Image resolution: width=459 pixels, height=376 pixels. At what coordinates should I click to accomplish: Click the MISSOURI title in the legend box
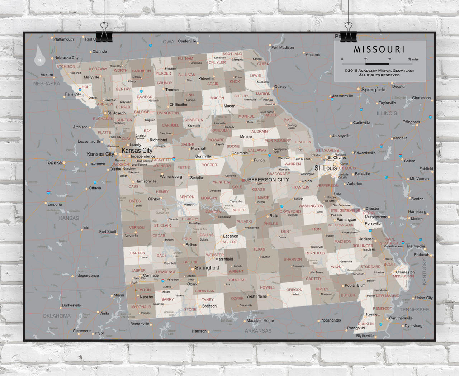[x=379, y=49]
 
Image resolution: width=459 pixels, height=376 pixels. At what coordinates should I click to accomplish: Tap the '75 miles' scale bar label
[x=413, y=60]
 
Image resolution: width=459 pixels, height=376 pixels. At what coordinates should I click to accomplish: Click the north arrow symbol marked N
[x=40, y=59]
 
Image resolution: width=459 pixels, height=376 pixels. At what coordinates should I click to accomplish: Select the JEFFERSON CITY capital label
[x=267, y=180]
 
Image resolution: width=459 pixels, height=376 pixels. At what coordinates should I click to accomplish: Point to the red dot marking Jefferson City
[x=243, y=180]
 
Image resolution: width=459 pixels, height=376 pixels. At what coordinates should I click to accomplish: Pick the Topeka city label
[x=53, y=162]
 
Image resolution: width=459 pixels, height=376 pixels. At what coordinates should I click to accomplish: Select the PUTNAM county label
[x=185, y=58]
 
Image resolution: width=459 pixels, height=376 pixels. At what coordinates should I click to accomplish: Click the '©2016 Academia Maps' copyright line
[x=379, y=71]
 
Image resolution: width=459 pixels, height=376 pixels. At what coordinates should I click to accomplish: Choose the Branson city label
[x=209, y=306]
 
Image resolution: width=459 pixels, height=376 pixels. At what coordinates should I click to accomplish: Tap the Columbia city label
[x=240, y=153]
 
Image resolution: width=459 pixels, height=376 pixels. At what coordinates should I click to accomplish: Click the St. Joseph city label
[x=117, y=113]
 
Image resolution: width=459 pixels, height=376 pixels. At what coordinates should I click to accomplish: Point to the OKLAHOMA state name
[x=57, y=316]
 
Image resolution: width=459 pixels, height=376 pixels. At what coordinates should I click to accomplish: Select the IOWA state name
[x=167, y=42]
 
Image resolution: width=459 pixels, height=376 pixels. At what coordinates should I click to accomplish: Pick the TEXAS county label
[x=259, y=249]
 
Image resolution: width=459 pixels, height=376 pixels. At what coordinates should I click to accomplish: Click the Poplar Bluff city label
[x=355, y=286]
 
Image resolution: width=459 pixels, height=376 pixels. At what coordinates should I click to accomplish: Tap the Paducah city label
[x=421, y=255]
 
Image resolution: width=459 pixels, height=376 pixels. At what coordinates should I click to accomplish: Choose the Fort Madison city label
[x=283, y=47]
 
